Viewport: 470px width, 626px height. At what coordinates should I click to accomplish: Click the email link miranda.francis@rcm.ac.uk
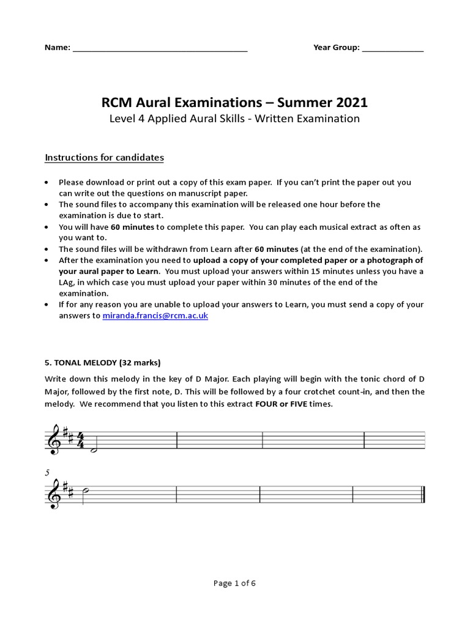tap(155, 315)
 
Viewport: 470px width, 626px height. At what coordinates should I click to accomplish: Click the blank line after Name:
tap(160, 49)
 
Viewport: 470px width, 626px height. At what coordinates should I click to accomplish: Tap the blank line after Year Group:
tap(392, 49)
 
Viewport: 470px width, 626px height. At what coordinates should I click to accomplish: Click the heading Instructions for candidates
tap(104, 158)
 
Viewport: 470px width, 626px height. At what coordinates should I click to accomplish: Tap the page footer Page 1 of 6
tap(234, 583)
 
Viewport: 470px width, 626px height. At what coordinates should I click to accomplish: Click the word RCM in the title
tap(117, 100)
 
